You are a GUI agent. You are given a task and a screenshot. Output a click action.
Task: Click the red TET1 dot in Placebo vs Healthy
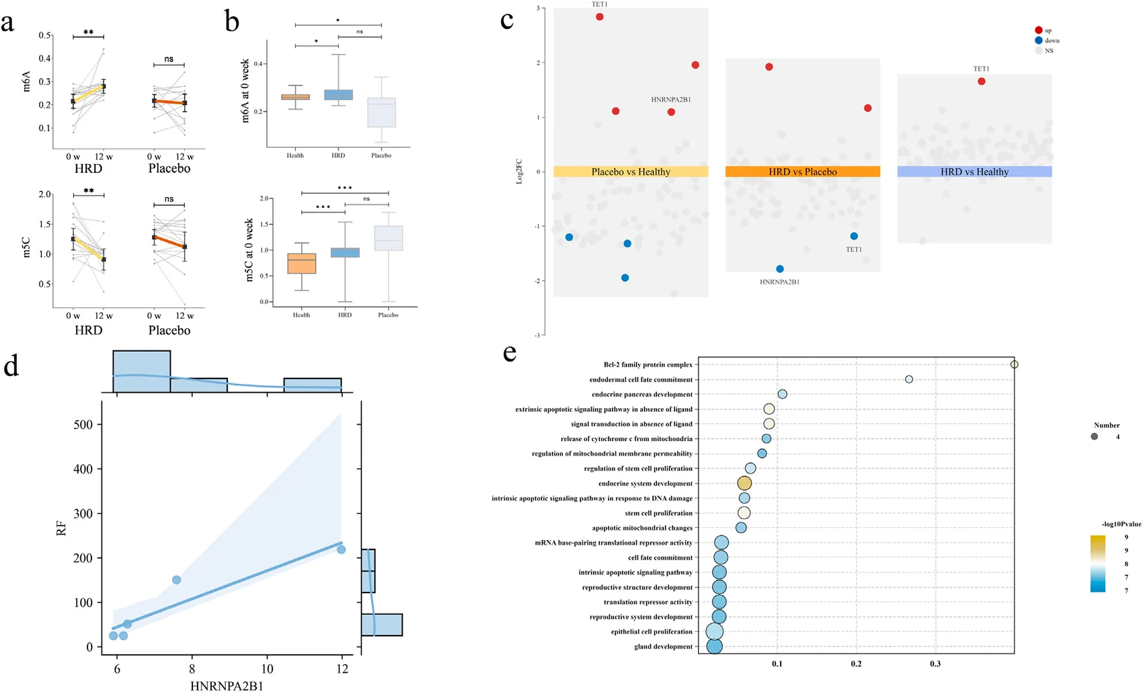600,17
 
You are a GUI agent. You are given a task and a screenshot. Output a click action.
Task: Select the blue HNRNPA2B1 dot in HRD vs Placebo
780,269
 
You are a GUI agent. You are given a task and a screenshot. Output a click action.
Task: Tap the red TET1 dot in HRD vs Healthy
981,81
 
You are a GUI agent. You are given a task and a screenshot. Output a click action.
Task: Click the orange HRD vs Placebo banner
803,171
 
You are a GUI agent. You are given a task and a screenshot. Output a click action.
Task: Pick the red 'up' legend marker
1038,30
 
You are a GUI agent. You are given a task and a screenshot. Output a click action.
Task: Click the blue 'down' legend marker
1038,40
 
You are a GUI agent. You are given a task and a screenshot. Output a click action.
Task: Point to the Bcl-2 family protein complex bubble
1015,364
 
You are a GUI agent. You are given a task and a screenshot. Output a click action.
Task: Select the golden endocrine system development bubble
744,484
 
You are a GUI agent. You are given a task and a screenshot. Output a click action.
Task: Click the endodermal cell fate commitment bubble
909,379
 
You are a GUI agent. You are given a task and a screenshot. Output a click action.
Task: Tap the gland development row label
664,646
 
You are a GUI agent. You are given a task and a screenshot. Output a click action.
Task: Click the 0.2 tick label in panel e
856,664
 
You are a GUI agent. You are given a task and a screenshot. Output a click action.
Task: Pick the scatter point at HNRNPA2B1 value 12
342,549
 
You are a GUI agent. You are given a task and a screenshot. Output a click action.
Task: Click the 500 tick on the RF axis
83,424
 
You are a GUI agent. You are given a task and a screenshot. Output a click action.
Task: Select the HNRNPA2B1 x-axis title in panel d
227,686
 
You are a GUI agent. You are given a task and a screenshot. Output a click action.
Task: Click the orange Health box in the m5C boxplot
302,264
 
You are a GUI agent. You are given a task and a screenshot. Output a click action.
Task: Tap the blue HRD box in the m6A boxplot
338,95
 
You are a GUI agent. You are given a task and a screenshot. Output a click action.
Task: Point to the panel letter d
11,365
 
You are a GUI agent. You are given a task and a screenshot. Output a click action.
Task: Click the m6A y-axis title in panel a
26,81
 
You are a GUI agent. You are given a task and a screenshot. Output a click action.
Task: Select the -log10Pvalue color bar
1097,564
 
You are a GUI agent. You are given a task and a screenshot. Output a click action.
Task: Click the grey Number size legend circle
1094,436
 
